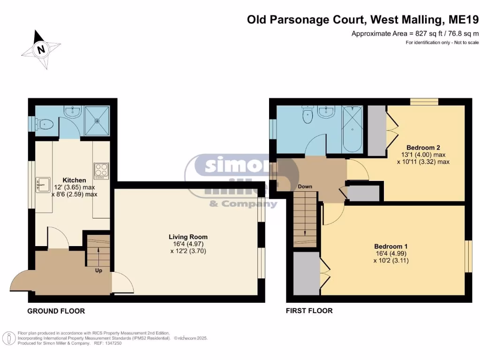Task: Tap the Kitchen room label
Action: point(75,180)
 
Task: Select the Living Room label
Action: point(188,237)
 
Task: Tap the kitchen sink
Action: point(43,184)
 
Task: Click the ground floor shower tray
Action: point(97,120)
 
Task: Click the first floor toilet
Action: point(307,116)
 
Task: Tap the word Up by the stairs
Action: point(99,270)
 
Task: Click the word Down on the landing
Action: point(305,187)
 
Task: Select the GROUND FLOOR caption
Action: point(56,311)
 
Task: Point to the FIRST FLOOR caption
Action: point(309,310)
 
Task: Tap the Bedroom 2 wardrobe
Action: point(376,130)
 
